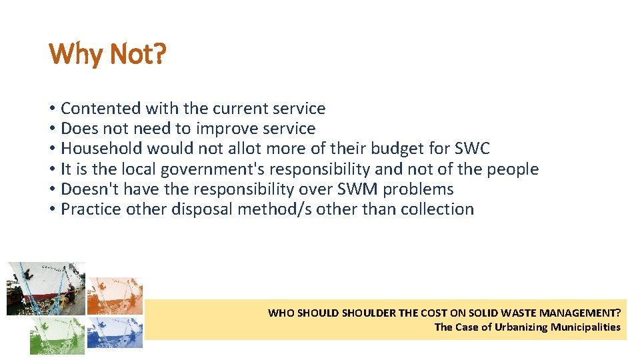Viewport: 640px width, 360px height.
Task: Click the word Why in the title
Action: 67,54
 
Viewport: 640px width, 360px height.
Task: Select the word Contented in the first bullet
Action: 101,108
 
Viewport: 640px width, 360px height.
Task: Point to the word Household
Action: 101,148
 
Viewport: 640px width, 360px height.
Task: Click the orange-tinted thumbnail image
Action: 115,295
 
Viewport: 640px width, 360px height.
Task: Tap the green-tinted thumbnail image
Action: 57,335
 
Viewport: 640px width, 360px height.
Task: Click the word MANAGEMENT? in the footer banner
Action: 579,313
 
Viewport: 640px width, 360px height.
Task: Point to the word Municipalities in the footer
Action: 585,327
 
